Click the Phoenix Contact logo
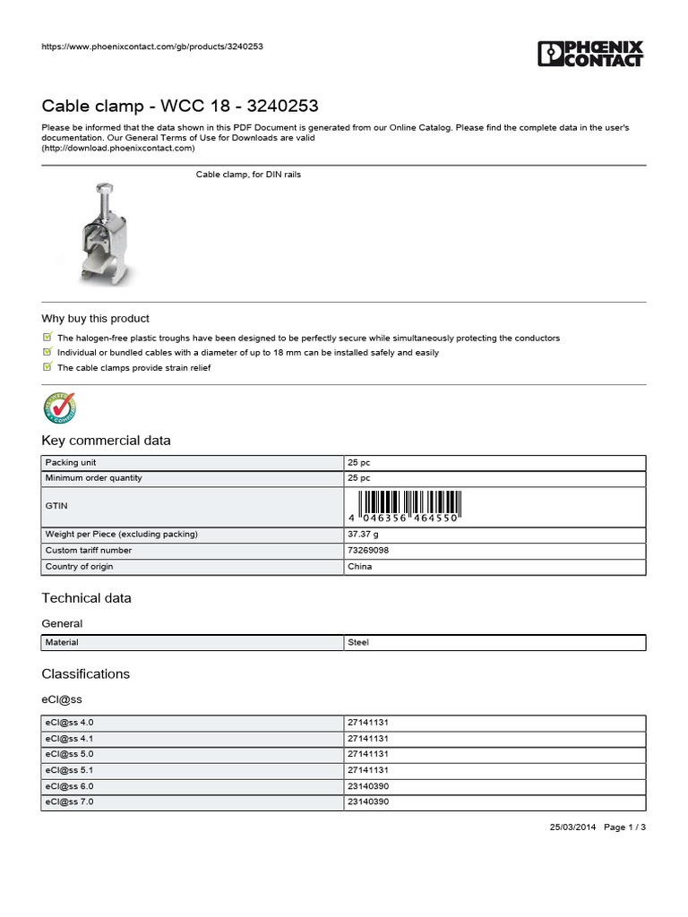(590, 53)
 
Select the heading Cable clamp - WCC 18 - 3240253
(180, 107)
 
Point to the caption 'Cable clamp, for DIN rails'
(248, 175)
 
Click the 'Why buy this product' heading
(95, 319)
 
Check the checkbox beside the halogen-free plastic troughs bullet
(47, 338)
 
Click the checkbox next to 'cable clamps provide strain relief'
(47, 367)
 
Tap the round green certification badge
(60, 407)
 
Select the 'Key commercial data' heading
(106, 441)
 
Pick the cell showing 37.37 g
(365, 535)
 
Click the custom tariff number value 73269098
(367, 551)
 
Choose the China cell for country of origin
(359, 567)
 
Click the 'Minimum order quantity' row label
(93, 478)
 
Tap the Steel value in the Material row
(357, 643)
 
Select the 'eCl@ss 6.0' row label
(69, 786)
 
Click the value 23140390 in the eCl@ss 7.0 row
(367, 802)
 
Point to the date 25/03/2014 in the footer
(572, 827)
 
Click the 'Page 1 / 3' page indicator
(625, 827)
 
